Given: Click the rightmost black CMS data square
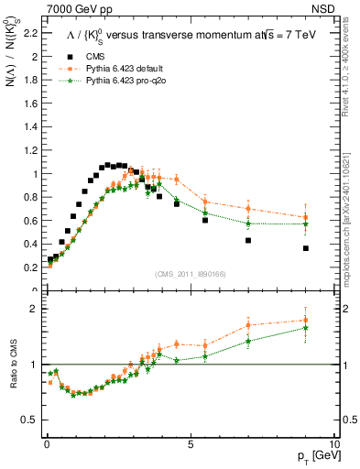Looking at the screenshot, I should tap(306, 248).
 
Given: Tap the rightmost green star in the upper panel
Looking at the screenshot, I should tap(306, 224).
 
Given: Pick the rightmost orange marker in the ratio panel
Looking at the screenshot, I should tap(306, 321).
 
